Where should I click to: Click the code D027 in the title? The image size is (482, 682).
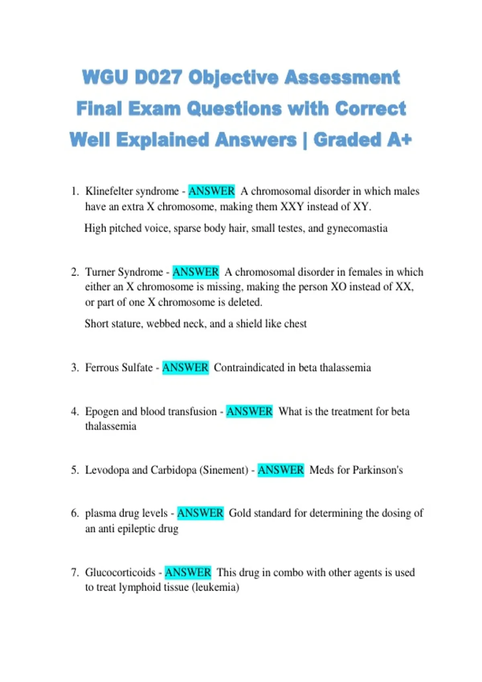tap(159, 77)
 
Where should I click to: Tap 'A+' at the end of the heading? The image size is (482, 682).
tap(400, 140)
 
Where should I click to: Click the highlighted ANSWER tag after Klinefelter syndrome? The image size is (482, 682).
tap(211, 191)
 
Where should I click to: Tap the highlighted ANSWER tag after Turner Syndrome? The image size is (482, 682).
tap(196, 272)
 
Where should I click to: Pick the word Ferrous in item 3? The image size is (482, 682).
tap(102, 367)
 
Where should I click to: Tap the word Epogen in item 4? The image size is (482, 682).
tap(102, 412)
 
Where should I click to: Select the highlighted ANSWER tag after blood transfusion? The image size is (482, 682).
tap(249, 412)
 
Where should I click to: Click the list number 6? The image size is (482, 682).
tap(75, 514)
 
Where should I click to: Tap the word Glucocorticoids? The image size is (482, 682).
tap(120, 572)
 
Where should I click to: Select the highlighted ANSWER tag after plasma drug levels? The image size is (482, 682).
tap(200, 513)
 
